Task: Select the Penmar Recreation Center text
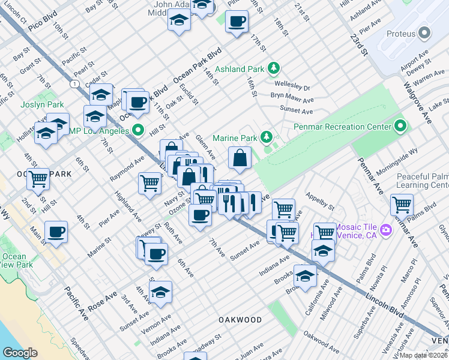(341, 127)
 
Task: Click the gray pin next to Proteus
(426, 32)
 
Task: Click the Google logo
(20, 352)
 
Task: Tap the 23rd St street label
(359, 44)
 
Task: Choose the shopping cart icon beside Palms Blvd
(402, 204)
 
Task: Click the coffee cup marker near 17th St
(236, 22)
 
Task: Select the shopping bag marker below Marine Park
(240, 158)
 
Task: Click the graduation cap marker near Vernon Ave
(160, 292)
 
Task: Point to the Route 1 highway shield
(73, 84)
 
